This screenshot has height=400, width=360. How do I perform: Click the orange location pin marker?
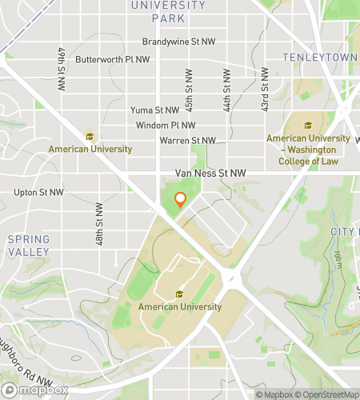click(181, 200)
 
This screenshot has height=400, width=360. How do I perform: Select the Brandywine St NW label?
click(178, 42)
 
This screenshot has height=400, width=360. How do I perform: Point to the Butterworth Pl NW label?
click(112, 59)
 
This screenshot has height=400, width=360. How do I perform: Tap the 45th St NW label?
click(190, 91)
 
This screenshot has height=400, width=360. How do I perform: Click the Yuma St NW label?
click(155, 110)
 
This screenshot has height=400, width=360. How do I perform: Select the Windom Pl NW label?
click(166, 126)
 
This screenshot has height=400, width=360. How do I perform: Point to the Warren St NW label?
click(187, 141)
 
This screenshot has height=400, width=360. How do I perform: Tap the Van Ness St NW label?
click(210, 173)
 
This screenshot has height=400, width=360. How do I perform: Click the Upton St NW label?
click(38, 193)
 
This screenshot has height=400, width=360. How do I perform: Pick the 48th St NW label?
click(99, 225)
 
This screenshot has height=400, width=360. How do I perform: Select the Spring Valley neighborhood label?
click(28, 246)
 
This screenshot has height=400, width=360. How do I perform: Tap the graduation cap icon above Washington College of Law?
click(308, 125)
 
